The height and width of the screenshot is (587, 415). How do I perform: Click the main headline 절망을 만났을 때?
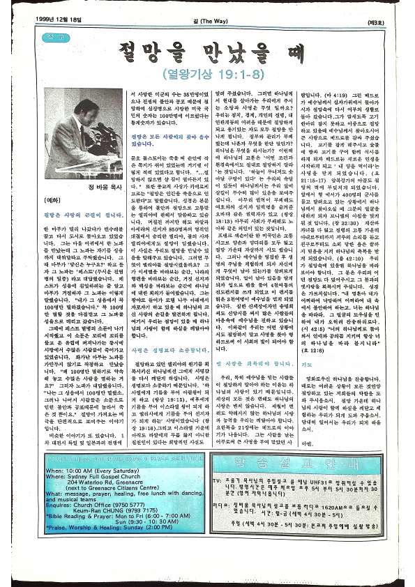click(207, 52)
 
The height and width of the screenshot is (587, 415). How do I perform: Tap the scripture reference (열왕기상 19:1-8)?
click(207, 73)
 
